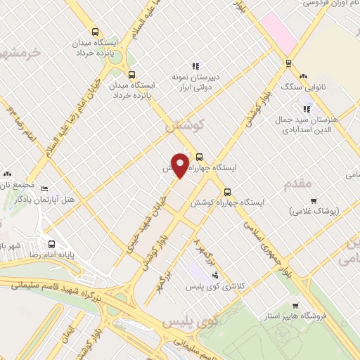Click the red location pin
(181, 165)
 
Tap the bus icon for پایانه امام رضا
(51, 245)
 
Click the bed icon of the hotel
(45, 188)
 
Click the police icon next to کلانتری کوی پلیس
(214, 274)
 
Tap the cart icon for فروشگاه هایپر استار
(295, 305)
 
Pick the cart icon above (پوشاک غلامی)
(313, 200)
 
